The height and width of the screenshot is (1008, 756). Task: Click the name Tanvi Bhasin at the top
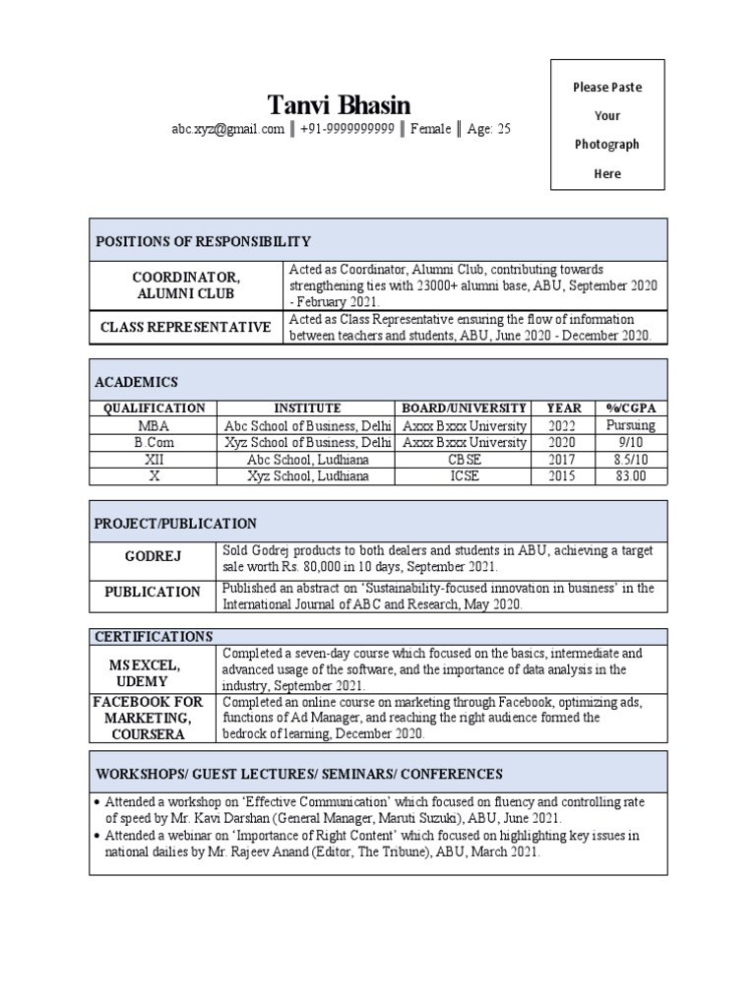tap(340, 104)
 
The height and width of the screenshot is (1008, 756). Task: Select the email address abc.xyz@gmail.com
tap(227, 129)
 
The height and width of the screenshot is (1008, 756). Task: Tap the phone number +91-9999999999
tap(347, 129)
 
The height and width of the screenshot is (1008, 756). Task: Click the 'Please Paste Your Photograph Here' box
tap(607, 124)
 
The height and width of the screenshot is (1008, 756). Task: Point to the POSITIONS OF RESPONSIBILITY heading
tap(203, 241)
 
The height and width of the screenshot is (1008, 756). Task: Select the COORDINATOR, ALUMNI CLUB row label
tap(186, 285)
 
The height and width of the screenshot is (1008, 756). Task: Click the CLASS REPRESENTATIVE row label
tap(186, 327)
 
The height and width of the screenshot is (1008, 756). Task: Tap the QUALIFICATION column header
tap(154, 408)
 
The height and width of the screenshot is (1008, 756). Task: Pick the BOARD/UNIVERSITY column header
tap(464, 408)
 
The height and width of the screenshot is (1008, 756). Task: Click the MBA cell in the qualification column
tap(154, 425)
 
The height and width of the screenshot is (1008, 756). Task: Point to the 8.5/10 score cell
tap(630, 459)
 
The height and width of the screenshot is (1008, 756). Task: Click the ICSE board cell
tap(464, 476)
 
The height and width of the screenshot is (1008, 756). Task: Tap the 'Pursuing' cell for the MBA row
tap(630, 425)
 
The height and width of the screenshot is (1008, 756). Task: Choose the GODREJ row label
tap(153, 557)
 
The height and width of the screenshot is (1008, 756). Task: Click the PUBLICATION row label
tap(153, 592)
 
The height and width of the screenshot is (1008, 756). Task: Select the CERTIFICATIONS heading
tap(153, 636)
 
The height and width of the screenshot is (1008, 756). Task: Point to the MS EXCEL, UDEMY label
tap(153, 673)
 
